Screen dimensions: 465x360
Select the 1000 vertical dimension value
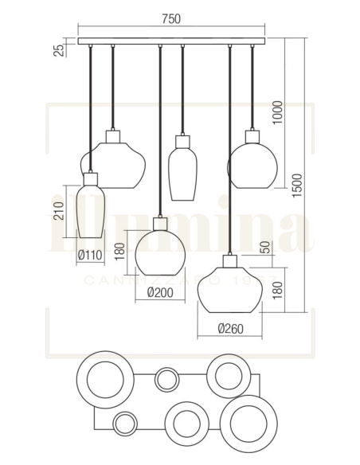coord(277,112)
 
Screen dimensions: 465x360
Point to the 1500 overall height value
coord(297,189)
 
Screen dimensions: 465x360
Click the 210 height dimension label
coord(57,212)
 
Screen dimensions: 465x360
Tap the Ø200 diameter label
coord(160,291)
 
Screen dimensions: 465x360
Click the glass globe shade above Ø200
coord(160,249)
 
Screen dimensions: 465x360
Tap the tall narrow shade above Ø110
coord(90,210)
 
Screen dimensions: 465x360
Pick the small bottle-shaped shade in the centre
coord(182,168)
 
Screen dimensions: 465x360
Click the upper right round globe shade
coord(252,163)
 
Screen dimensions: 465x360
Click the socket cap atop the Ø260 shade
coord(231,260)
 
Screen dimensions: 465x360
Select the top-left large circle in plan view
coord(104,377)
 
